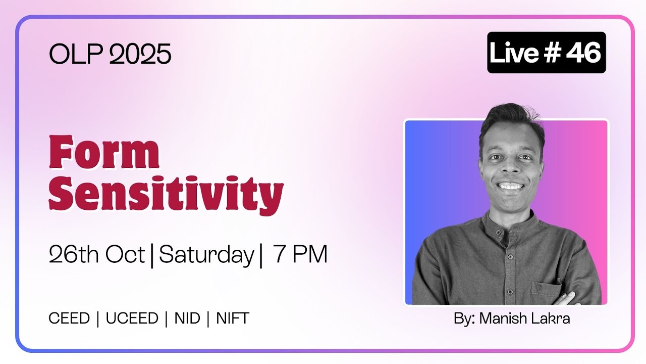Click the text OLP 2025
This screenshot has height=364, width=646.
(x=110, y=54)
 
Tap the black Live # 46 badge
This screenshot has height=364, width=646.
(x=547, y=52)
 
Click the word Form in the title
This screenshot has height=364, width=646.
(x=104, y=152)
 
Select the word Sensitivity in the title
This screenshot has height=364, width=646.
(x=166, y=195)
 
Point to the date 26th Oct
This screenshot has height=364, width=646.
(x=97, y=254)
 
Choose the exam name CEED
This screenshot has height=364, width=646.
(x=69, y=318)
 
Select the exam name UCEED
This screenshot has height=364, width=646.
(x=132, y=318)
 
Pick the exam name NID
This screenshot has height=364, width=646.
(x=187, y=318)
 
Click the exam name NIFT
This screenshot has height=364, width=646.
(x=233, y=318)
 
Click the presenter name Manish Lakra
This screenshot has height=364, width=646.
(x=524, y=318)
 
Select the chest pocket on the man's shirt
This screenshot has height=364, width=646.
(x=546, y=291)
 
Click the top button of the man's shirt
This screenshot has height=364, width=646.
(x=498, y=232)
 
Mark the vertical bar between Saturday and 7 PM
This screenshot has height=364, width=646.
(x=261, y=256)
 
